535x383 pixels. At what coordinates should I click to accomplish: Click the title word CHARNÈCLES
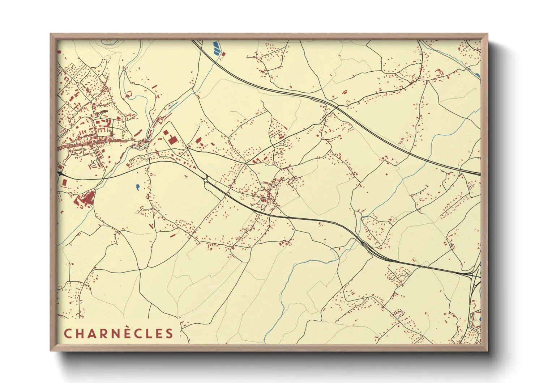[119, 333]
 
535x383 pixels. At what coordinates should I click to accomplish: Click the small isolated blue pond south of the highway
[138, 187]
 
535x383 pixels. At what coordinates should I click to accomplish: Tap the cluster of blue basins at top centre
[216, 48]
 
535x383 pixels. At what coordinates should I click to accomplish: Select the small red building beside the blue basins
[223, 54]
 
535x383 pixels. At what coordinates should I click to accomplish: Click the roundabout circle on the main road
[205, 180]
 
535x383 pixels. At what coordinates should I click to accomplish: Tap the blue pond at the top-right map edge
[478, 75]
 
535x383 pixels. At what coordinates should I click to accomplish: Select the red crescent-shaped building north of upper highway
[344, 92]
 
